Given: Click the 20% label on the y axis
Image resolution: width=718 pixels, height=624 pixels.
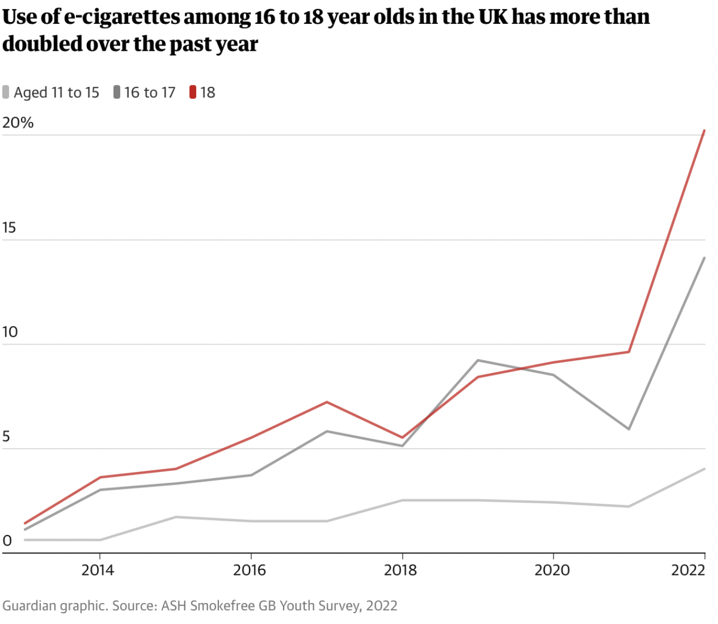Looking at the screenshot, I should coord(18,123).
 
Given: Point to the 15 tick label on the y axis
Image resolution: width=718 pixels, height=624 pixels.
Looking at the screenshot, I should coord(9,228).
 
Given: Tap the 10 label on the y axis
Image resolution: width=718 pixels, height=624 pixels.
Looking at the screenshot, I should coord(10,332).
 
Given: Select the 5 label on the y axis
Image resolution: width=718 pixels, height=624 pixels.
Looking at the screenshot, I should coord(6,437).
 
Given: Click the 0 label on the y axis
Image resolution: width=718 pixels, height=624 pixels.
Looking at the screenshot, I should coord(7,541).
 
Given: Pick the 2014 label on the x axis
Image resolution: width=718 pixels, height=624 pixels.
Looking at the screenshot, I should coord(98,570).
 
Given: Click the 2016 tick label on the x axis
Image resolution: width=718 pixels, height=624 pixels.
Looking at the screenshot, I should coord(250,570).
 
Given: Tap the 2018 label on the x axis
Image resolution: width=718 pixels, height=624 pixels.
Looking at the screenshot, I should coord(400,570).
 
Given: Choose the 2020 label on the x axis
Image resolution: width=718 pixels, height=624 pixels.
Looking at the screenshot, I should coord(552,570).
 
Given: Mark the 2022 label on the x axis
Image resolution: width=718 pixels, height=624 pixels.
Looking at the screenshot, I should coord(689,570).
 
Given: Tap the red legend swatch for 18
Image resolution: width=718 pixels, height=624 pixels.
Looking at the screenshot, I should coord(193,93).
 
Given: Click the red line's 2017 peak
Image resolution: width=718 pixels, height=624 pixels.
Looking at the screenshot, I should coord(327,402).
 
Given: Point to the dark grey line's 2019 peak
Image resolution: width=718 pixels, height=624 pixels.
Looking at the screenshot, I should coord(477,360).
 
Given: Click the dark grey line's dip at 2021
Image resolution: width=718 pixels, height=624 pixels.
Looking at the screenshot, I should coord(629,429).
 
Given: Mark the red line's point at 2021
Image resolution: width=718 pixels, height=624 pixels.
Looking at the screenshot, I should coord(629,352).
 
